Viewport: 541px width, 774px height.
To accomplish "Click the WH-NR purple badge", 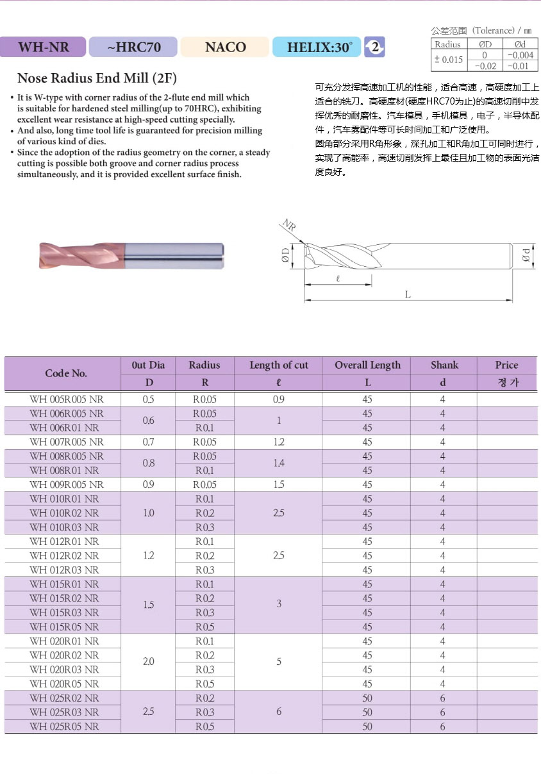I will tap(43, 47).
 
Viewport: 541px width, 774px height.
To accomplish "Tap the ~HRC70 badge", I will tap(133, 47).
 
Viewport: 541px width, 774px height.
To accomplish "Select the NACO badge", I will tap(225, 47).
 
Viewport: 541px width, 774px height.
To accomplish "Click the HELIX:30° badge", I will tap(316, 47).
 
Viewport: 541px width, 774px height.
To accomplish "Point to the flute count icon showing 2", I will tap(375, 47).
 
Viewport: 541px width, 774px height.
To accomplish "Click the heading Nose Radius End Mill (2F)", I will tap(97, 79).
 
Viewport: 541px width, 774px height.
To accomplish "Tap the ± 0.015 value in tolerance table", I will tap(448, 60).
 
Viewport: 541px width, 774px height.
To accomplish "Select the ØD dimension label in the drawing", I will tap(286, 257).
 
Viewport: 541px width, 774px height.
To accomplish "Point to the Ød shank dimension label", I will tap(526, 255).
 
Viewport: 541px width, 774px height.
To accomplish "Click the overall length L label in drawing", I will tap(408, 294).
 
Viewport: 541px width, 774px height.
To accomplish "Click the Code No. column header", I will tap(66, 373).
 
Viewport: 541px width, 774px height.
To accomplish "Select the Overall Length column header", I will tap(367, 365).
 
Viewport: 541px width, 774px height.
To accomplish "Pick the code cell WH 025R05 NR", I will tap(64, 727).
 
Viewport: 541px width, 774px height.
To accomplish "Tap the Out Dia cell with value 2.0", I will tap(148, 662).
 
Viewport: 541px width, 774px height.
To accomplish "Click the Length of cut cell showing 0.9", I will tap(278, 400).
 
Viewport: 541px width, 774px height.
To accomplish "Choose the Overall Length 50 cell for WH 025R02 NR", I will tap(367, 698).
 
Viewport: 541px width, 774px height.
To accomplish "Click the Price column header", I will tap(506, 365).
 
